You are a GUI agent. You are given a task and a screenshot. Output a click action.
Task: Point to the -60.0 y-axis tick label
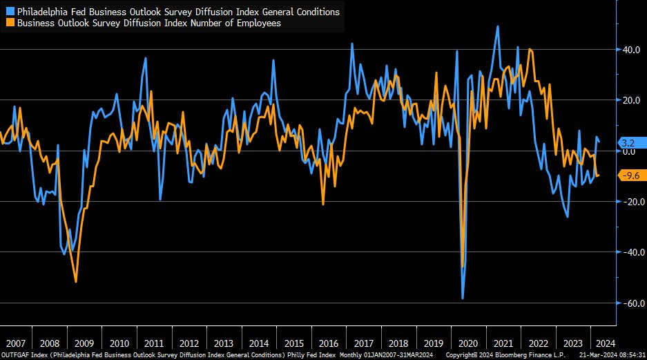pos(632,303)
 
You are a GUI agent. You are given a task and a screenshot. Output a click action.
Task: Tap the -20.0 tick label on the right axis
pos(632,202)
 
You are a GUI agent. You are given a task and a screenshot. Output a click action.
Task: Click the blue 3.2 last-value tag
pos(628,143)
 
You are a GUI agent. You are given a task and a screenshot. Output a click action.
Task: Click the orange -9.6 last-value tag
pos(630,176)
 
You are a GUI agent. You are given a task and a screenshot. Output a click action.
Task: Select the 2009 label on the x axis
pos(84,343)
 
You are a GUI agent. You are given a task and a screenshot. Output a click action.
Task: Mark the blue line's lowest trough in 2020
pos(463,299)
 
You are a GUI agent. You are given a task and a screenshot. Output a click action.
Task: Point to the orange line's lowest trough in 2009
pos(75,281)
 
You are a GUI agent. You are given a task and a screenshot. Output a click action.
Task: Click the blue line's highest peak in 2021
pos(498,27)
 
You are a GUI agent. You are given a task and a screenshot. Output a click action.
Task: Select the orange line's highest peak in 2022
pos(530,49)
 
